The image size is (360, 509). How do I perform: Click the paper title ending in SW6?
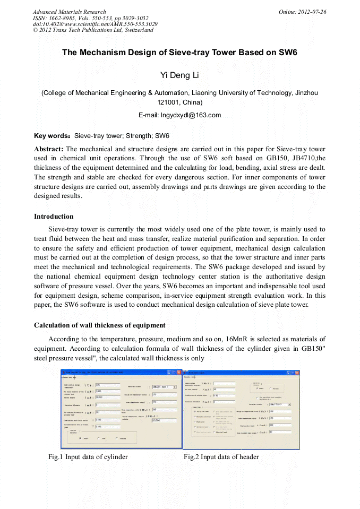179,53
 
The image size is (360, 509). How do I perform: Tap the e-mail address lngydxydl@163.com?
179,115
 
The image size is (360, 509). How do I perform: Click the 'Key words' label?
52,136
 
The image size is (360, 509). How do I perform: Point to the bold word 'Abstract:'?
49,149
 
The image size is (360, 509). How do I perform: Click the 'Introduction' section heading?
54,217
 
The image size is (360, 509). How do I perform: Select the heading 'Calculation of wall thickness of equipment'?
99,325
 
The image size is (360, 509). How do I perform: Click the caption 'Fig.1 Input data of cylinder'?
88,457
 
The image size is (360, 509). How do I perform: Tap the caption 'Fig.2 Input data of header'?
221,457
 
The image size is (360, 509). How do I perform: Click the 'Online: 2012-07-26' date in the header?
303,12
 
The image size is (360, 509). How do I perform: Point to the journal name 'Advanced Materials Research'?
69,12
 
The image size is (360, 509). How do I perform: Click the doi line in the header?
95,24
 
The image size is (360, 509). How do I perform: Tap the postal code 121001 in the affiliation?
169,102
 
